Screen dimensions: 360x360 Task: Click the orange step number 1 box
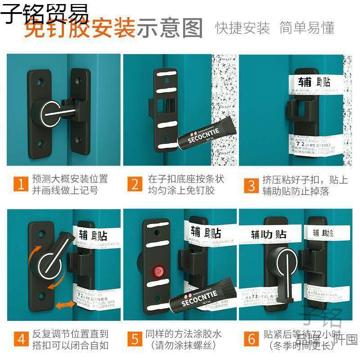point(20,184)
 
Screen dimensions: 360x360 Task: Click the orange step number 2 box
point(135,184)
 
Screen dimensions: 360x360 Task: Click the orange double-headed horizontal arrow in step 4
point(65,305)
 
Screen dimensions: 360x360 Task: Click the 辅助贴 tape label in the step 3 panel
point(315,82)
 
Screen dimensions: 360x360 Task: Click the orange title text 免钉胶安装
point(80,28)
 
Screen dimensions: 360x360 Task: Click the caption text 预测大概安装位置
point(70,179)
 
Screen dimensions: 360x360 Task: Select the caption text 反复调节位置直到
point(70,333)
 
